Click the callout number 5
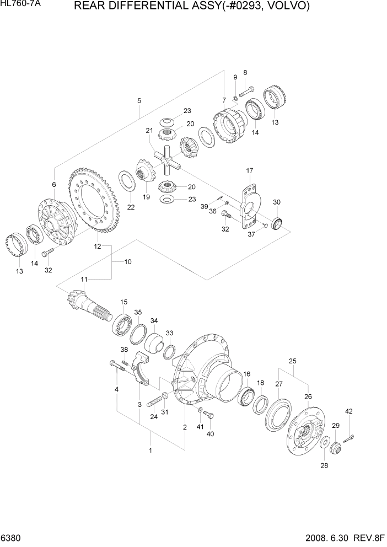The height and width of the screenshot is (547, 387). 139,101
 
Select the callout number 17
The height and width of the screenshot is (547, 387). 249,170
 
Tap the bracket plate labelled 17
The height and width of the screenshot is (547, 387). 251,207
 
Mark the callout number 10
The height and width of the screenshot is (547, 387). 127,262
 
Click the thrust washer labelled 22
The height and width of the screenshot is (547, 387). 128,180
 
